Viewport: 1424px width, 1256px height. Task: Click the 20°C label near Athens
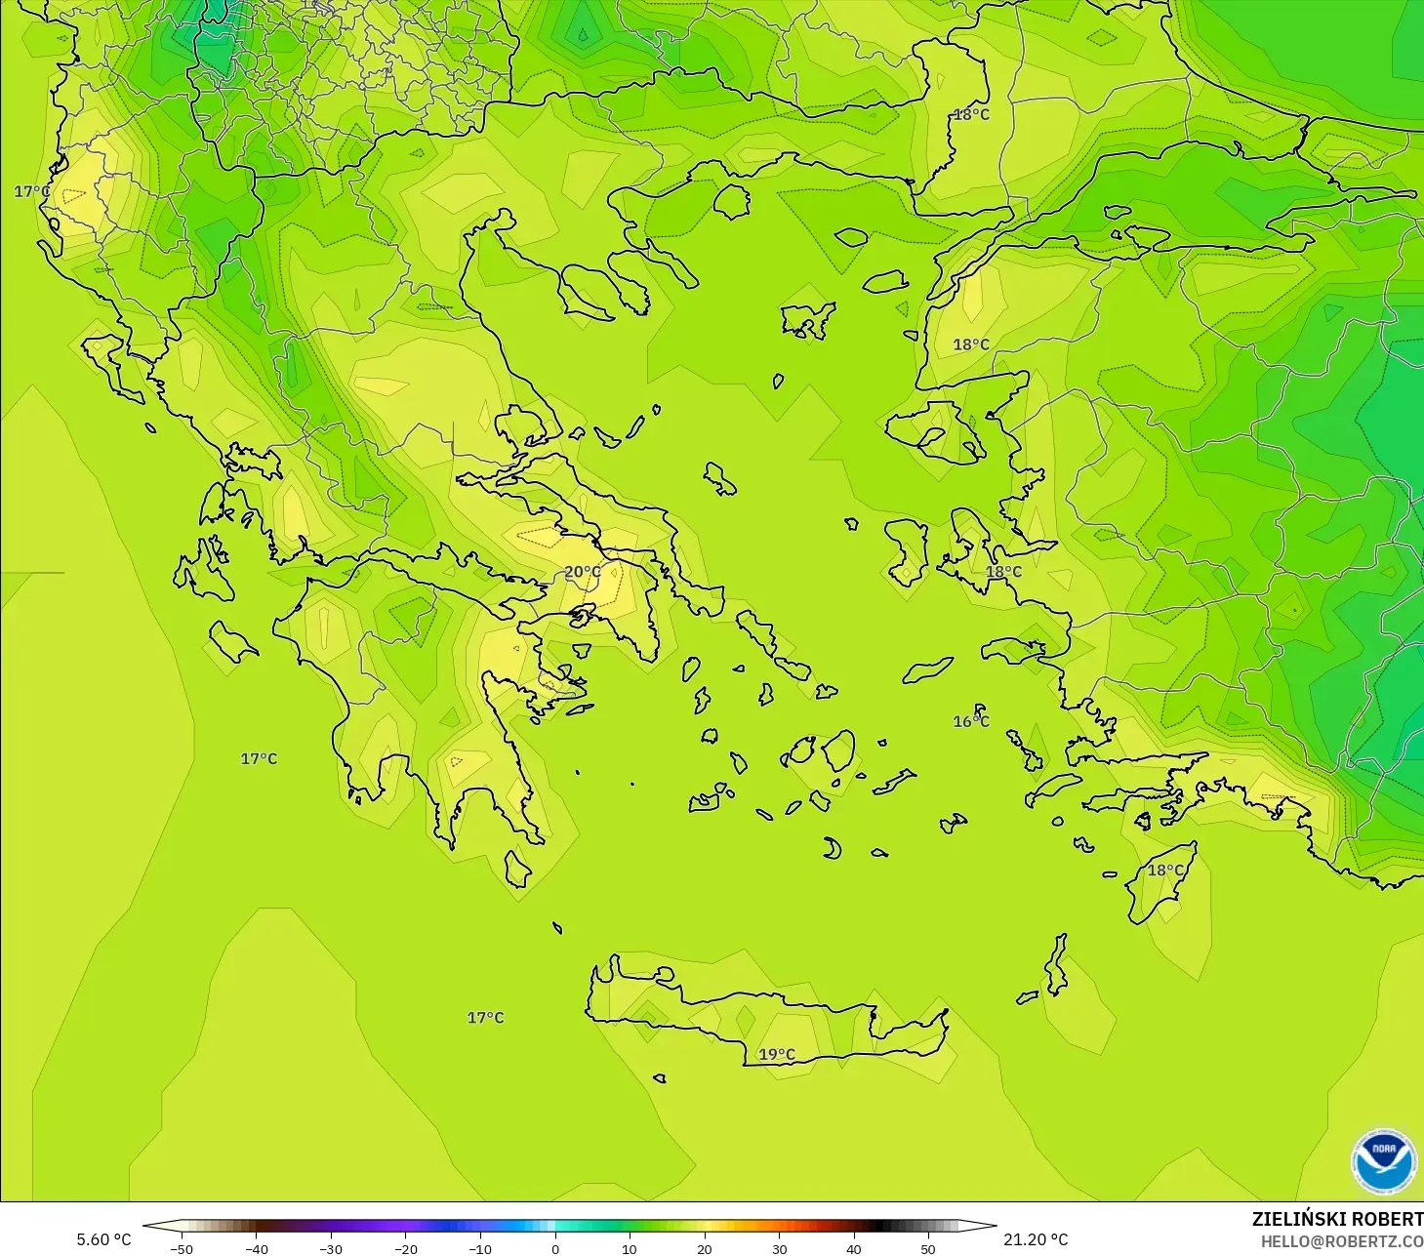583,572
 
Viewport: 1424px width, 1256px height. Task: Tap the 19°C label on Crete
777,1054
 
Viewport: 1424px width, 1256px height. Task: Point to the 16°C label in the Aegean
971,721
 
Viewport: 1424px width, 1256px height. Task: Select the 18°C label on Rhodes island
1165,870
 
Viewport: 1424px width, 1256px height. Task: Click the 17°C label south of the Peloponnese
485,1017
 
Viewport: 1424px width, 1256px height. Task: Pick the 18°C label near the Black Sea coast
971,114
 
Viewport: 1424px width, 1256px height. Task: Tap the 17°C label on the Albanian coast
32,191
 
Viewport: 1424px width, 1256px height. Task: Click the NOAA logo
1383,1161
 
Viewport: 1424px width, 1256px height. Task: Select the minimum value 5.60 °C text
103,1239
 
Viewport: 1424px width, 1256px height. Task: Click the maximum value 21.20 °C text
1036,1239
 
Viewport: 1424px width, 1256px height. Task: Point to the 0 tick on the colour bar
554,1248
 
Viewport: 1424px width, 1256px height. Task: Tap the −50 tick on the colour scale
181,1248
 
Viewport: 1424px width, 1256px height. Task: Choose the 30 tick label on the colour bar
779,1248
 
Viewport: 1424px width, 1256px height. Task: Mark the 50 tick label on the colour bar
928,1248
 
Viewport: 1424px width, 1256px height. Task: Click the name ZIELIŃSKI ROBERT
1337,1219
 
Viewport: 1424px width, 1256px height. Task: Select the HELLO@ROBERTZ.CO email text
1341,1241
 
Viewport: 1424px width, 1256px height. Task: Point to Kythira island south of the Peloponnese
518,868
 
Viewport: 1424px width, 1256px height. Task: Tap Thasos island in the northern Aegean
731,201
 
